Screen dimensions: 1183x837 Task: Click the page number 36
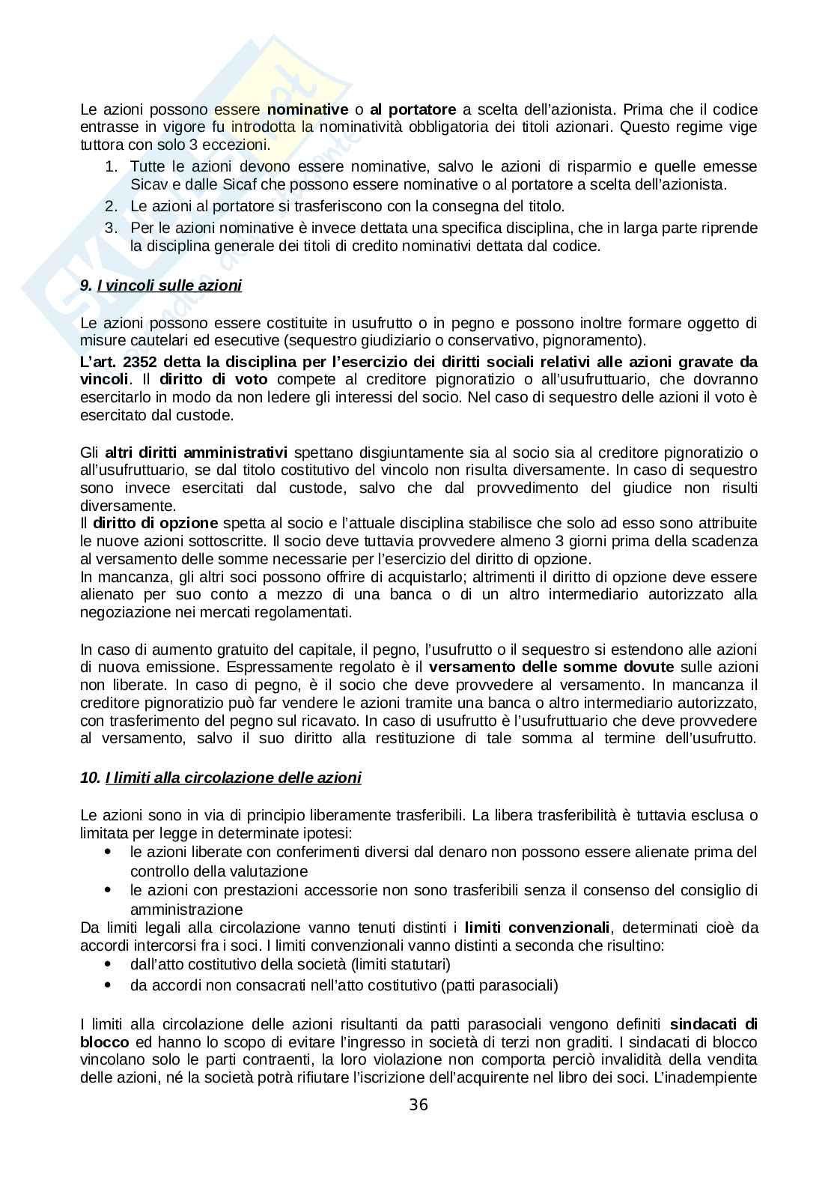(418, 1105)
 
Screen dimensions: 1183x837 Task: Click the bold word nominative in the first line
(308, 109)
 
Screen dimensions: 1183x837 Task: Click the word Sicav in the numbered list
(147, 184)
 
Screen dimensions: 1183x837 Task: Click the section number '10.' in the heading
(90, 778)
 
